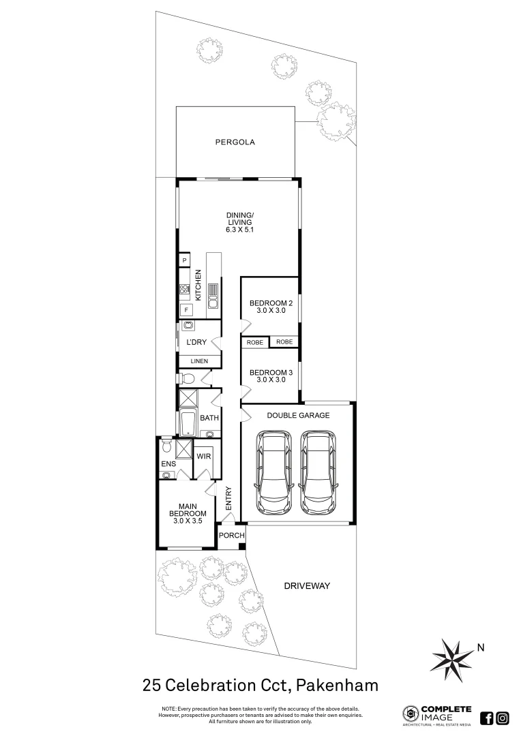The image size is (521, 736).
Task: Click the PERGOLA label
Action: point(235,142)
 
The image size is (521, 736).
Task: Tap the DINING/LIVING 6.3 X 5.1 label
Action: point(240,222)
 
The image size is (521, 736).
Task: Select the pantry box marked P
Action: point(184,260)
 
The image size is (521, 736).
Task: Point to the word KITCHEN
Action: point(198,286)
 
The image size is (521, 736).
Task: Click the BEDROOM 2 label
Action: point(271,307)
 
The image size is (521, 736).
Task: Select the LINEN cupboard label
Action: point(199,361)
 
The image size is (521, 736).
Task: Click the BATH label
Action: point(209,418)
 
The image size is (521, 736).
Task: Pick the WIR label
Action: point(204,456)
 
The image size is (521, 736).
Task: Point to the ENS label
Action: point(168,464)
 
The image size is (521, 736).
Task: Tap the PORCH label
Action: point(231,536)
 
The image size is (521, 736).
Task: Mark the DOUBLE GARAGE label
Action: point(298,414)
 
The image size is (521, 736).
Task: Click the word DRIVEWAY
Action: point(307,585)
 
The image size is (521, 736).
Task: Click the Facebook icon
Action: point(487,718)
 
